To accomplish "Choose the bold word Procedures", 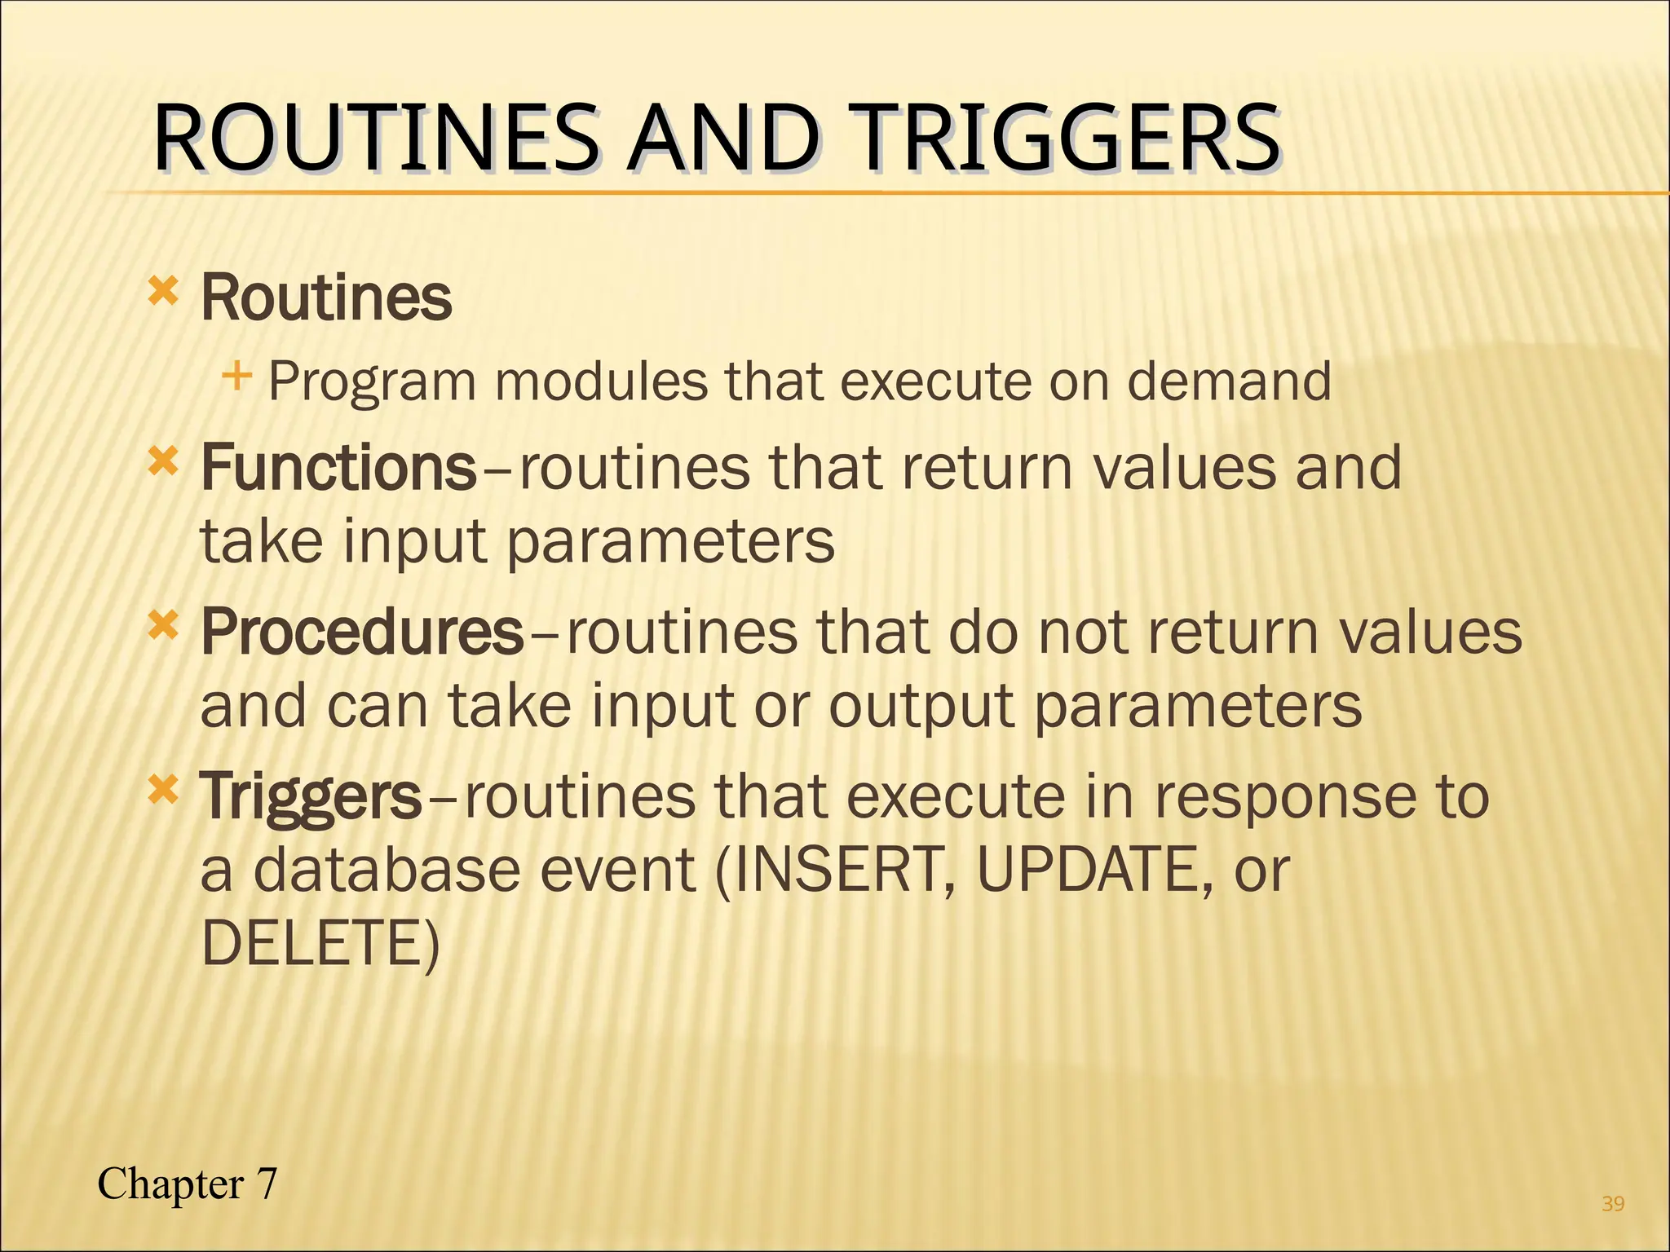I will (362, 632).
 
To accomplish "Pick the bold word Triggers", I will (311, 796).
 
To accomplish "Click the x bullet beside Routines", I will (163, 290).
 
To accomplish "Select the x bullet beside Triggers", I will (163, 790).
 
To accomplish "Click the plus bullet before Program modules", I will (236, 377).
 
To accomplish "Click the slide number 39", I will (1613, 1203).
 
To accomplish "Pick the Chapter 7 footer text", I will (188, 1184).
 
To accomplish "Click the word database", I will (387, 871).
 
